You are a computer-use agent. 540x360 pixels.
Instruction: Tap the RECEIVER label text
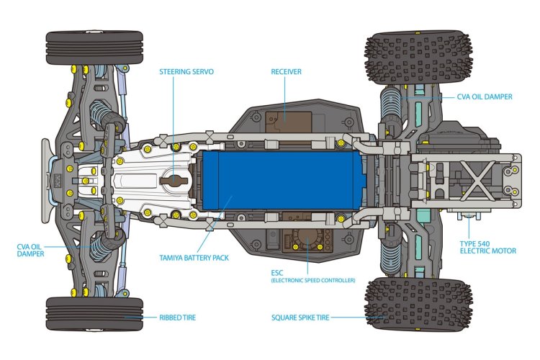click(286, 72)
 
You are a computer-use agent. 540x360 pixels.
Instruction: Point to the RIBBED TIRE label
click(176, 317)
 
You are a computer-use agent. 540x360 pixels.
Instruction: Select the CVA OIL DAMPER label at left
click(32, 250)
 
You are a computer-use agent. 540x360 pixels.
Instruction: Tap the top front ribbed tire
click(94, 47)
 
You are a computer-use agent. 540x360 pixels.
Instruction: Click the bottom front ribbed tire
click(94, 314)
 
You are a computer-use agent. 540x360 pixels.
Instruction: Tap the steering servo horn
click(175, 180)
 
